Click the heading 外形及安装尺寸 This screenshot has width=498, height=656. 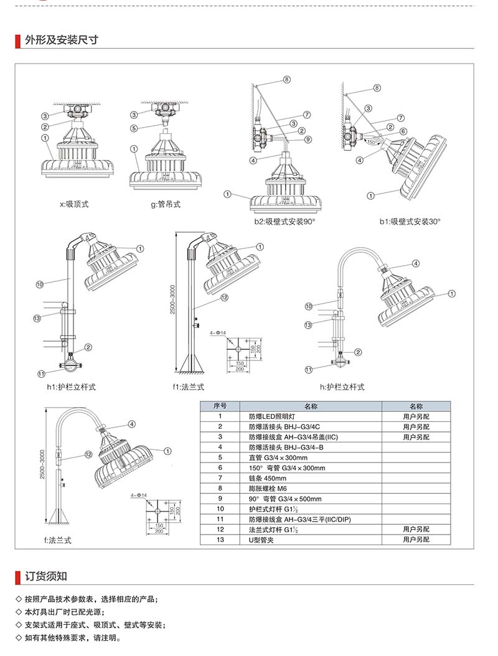(x=61, y=40)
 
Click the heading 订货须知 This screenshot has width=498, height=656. (x=46, y=575)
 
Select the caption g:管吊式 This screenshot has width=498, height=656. (x=165, y=204)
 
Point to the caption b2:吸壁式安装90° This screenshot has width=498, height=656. (x=284, y=222)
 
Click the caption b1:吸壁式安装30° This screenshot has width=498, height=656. (x=410, y=222)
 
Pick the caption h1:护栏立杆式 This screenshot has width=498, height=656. (x=71, y=387)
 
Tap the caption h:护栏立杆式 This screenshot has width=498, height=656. (x=342, y=387)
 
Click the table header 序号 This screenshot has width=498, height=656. (x=220, y=406)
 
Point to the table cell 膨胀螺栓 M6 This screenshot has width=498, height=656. (x=268, y=489)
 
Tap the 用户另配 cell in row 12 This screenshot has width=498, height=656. (x=416, y=529)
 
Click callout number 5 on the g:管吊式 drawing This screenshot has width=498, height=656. (x=134, y=128)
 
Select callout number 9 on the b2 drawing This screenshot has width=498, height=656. (x=308, y=139)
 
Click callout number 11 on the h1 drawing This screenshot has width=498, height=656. (x=41, y=373)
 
